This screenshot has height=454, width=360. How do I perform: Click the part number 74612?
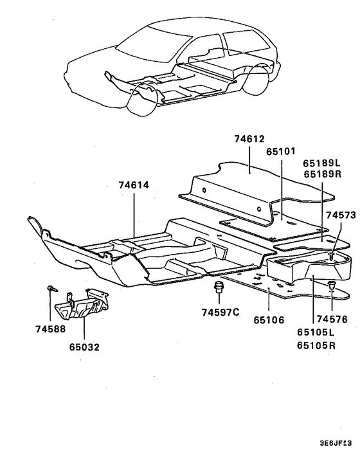click(249, 138)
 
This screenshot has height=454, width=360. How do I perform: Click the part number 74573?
click(341, 215)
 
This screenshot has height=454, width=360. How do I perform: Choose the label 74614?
click(134, 185)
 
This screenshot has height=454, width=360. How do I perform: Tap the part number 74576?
click(333, 318)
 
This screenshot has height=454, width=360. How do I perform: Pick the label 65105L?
click(316, 332)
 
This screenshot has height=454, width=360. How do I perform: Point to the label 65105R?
click(316, 345)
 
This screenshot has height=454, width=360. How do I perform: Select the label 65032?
click(85, 347)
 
